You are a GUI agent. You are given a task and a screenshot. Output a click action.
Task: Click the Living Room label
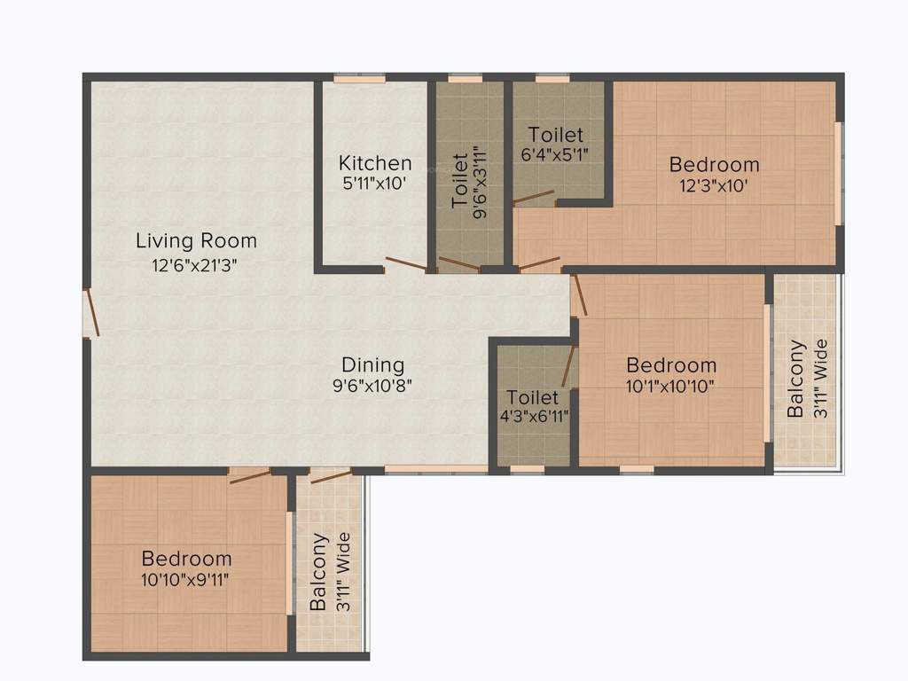[x=196, y=240]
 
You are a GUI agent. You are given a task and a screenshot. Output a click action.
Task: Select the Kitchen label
[x=375, y=163]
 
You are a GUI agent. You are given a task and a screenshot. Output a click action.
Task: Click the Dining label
[x=373, y=364]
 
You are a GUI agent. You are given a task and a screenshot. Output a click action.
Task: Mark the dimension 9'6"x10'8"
[x=373, y=386]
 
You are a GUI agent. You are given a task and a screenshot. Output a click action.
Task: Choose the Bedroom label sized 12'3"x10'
[x=714, y=164]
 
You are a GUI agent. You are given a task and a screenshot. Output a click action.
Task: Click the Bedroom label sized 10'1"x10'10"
[x=671, y=364]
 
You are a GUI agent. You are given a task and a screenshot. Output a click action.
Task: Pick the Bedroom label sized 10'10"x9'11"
[x=187, y=559]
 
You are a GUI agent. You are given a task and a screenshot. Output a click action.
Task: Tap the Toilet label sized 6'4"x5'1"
[x=556, y=135]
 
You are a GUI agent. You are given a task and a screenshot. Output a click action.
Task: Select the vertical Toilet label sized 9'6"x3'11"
[x=459, y=181]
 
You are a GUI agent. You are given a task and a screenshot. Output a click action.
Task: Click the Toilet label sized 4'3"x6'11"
[x=533, y=397]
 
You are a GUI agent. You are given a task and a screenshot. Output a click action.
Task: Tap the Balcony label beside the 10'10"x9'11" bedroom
[x=319, y=572]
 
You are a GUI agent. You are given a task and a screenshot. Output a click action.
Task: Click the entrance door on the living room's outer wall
[x=91, y=313]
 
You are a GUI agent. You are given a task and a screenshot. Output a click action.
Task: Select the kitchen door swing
[x=405, y=264]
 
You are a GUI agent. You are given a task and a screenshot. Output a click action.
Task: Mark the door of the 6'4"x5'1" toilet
[x=534, y=197]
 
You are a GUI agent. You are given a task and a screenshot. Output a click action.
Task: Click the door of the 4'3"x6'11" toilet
[x=569, y=366]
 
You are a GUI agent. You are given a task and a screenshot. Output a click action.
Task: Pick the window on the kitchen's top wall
[x=359, y=80]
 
